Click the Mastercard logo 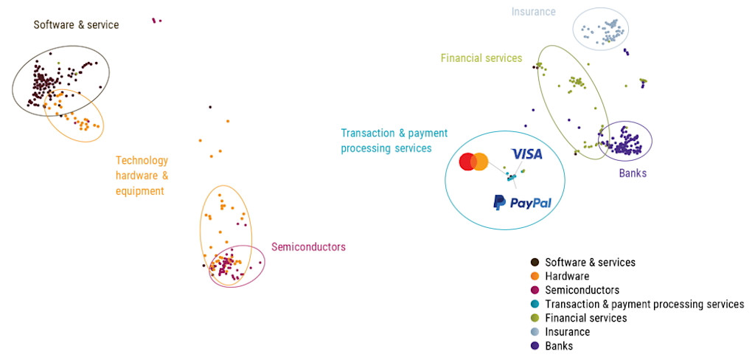click(473, 162)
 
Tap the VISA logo click(526, 154)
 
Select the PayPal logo click(522, 203)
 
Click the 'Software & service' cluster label click(76, 25)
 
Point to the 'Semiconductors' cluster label click(308, 247)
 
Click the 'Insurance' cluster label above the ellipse click(534, 12)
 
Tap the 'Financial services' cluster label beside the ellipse click(481, 58)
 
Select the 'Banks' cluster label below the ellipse click(632, 174)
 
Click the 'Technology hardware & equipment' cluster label click(142, 176)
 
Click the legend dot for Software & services click(535, 262)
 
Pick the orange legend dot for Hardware click(535, 276)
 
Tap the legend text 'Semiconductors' click(582, 290)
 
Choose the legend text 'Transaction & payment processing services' click(644, 304)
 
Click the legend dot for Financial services click(535, 318)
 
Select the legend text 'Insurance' click(567, 332)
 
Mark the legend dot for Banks click(535, 346)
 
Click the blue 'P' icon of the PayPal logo click(499, 203)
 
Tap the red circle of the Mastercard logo click(467, 162)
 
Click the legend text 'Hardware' click(567, 276)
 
